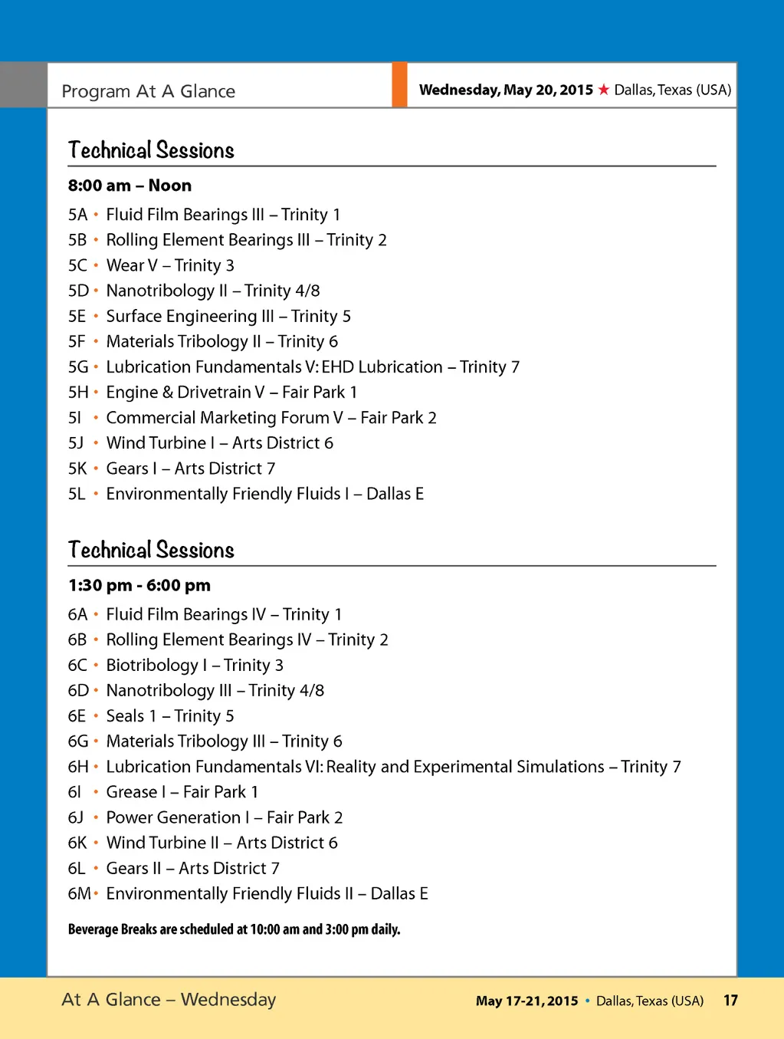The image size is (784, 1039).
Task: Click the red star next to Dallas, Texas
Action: point(604,90)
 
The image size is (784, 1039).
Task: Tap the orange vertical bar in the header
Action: point(399,85)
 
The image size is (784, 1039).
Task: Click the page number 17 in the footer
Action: point(730,1001)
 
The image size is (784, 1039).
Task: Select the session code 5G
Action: point(78,367)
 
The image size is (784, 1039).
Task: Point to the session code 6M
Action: point(79,894)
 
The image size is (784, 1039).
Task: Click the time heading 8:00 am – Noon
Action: point(130,186)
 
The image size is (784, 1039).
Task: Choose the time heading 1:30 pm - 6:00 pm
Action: point(139,586)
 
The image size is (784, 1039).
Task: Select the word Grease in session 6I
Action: point(132,792)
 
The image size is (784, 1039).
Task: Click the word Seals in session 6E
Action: point(125,716)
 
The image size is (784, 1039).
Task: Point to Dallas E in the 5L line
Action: point(395,494)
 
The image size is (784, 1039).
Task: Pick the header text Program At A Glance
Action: point(148,91)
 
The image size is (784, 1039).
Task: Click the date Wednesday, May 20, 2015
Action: point(506,90)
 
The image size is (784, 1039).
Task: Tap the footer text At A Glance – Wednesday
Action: point(169,1000)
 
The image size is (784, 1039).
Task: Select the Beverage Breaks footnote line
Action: point(234,929)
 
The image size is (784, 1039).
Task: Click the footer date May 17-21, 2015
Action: point(526,1001)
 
